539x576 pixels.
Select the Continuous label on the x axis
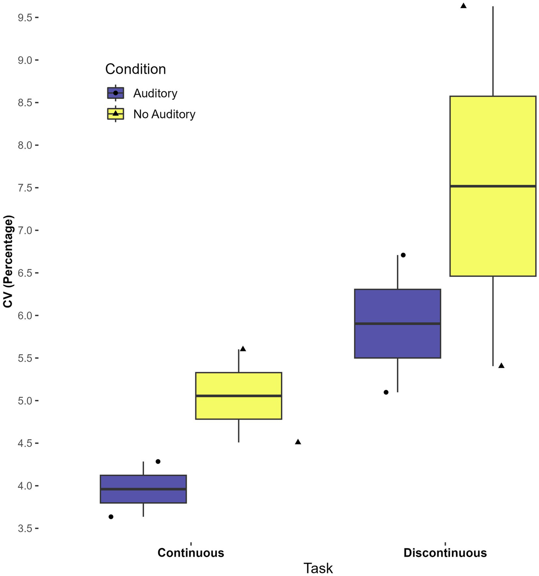click(x=191, y=553)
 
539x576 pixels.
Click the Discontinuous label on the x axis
click(x=445, y=553)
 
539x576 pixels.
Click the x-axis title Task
click(x=318, y=568)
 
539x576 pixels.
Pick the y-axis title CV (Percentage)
click(x=8, y=262)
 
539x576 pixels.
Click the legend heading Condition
click(x=136, y=69)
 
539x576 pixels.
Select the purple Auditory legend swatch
click(x=116, y=93)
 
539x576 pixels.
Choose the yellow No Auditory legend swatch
click(x=116, y=114)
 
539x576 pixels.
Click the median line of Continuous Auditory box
click(x=143, y=489)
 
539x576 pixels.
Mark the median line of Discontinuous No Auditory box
click(x=493, y=186)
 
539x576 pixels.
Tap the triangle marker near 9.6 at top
click(x=464, y=6)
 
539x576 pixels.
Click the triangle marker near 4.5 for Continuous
click(x=298, y=442)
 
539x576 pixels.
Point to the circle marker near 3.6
click(x=111, y=517)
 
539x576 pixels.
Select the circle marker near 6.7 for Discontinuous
click(x=403, y=255)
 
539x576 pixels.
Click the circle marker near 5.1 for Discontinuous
click(x=386, y=392)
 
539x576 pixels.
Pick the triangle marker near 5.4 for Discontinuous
click(x=501, y=366)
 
